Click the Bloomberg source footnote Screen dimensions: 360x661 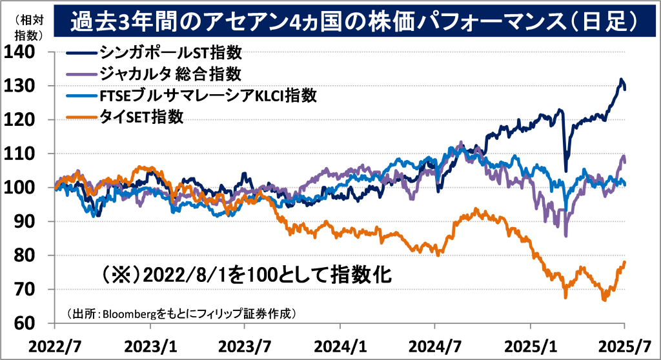pyautogui.click(x=181, y=314)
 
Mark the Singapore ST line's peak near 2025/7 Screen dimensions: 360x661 pyautogui.click(x=621, y=80)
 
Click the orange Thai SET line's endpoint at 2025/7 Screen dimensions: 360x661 pyautogui.click(x=625, y=262)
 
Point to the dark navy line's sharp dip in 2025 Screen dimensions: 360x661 pyautogui.click(x=566, y=170)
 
